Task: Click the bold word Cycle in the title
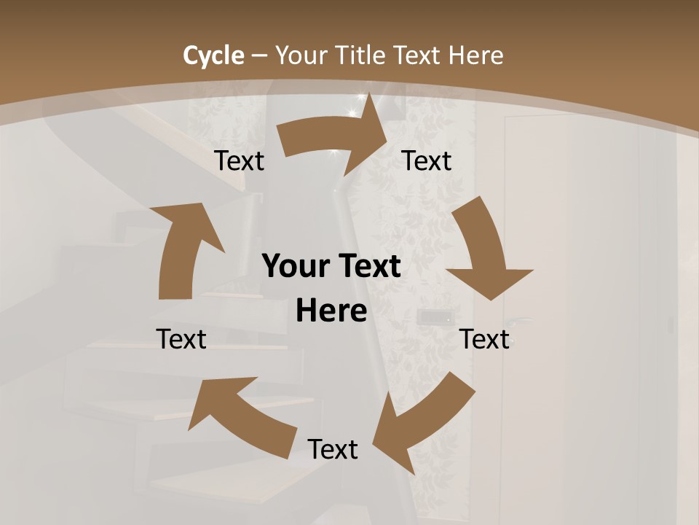[213, 55]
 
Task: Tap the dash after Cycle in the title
[259, 55]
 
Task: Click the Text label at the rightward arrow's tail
[240, 161]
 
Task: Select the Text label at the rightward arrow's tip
[427, 161]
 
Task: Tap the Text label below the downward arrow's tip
[484, 339]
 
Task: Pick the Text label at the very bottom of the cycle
[333, 449]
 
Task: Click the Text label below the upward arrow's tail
[181, 339]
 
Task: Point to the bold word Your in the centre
[296, 267]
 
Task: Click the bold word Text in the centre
[369, 267]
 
